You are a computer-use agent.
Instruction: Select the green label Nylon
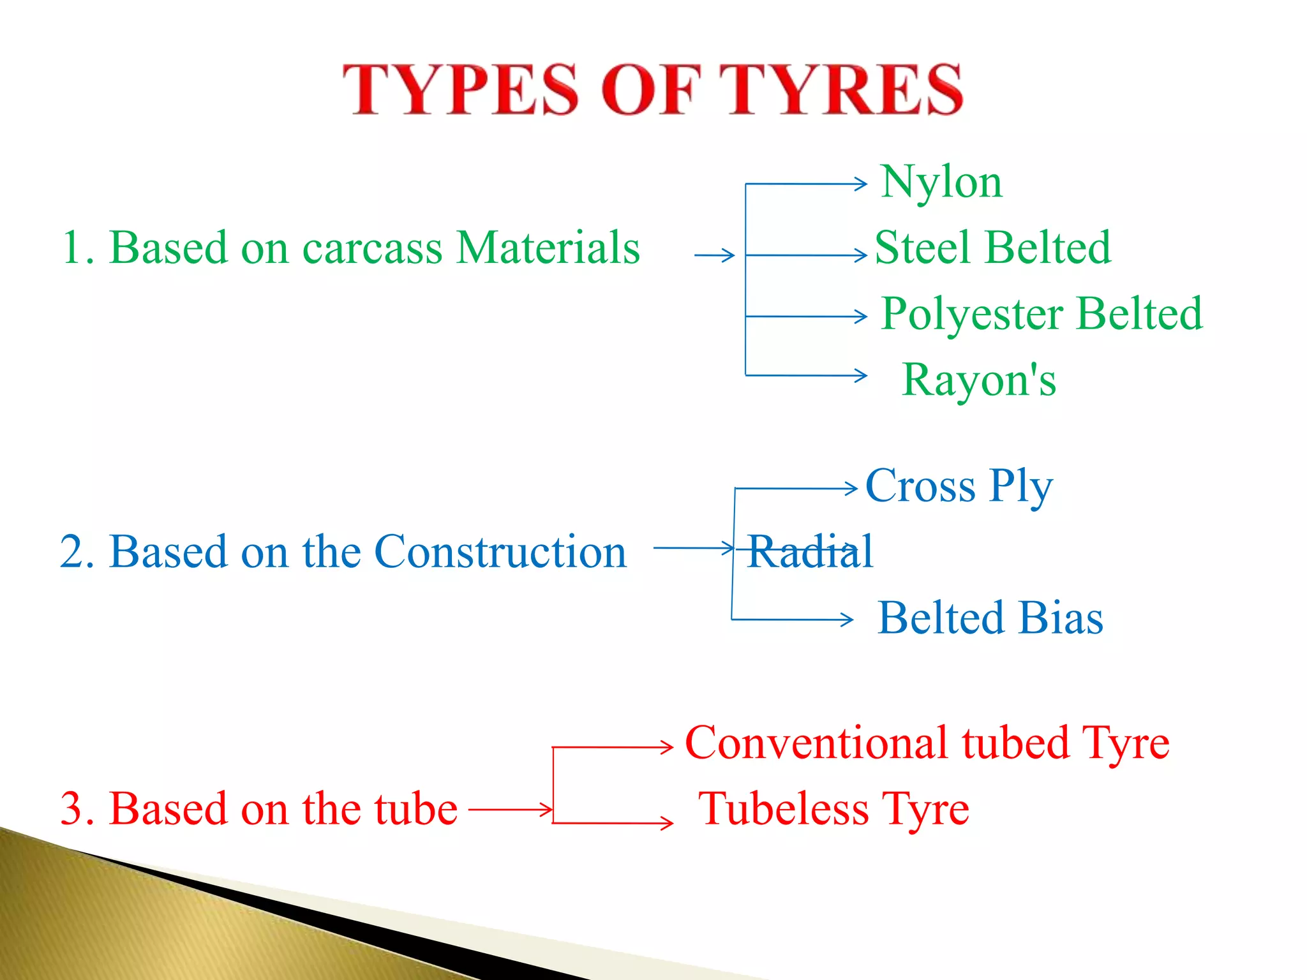[941, 182]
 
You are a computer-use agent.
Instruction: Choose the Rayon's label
[979, 380]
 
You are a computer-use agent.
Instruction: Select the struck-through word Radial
[809, 551]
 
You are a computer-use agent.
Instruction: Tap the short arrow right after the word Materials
[714, 256]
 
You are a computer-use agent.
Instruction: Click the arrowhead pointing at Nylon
[862, 184]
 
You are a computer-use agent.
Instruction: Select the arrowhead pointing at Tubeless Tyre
[668, 823]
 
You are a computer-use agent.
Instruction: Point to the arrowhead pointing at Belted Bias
[848, 619]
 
